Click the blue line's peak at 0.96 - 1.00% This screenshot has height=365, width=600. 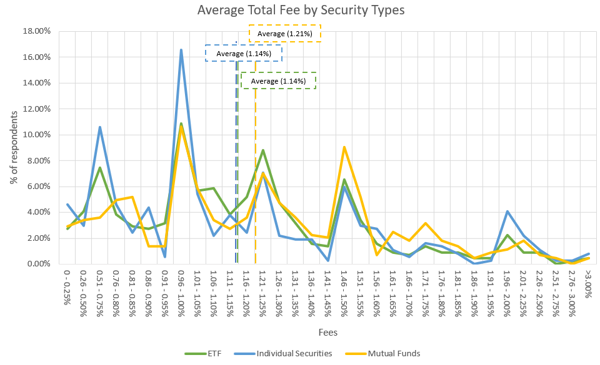click(x=181, y=50)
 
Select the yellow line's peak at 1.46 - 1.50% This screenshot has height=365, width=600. click(x=344, y=147)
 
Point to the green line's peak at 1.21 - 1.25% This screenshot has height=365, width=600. click(x=263, y=150)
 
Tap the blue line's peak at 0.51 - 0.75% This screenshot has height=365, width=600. click(x=100, y=127)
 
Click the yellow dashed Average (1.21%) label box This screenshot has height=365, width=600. click(x=284, y=33)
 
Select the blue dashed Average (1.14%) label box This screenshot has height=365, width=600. click(x=244, y=54)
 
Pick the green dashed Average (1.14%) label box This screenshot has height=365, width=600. click(x=278, y=81)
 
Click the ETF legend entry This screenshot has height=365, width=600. click(x=206, y=353)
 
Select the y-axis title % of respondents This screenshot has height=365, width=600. click(x=14, y=147)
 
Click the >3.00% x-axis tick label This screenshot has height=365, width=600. click(x=587, y=283)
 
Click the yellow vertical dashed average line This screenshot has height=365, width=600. click(x=255, y=187)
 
